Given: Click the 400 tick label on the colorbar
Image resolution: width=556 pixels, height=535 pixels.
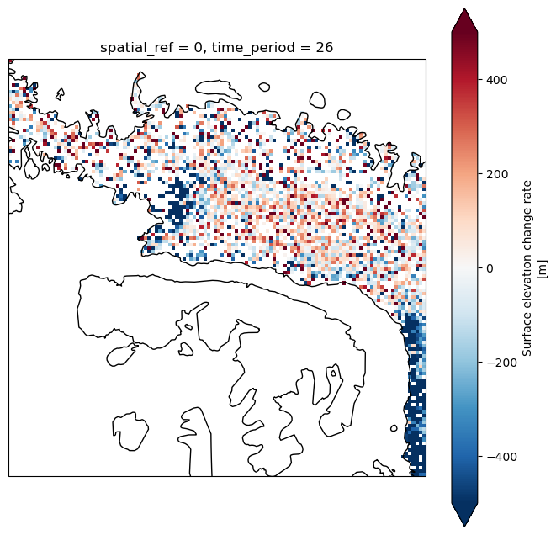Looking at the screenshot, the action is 497,80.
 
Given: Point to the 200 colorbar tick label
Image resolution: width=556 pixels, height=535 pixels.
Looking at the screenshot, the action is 497,174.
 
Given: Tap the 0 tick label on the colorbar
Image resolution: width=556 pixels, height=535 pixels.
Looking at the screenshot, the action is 490,268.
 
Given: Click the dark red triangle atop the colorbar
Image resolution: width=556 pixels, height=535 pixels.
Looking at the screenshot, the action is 464,20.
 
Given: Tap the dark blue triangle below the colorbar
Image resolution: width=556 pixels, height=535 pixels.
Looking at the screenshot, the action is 464,514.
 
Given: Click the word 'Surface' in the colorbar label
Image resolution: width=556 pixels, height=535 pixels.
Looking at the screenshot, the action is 527,338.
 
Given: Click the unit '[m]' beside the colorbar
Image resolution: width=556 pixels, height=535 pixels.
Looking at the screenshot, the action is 543,268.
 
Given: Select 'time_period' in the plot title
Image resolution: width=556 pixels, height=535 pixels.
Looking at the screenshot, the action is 253,48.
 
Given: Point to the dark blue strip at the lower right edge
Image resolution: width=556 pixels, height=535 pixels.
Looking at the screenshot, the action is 415,394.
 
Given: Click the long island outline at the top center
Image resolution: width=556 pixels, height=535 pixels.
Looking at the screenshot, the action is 217,89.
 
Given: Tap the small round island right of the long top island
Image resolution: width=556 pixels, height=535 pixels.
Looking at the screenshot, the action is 264,87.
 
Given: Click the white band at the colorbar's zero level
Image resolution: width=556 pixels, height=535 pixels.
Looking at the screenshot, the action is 464,268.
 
